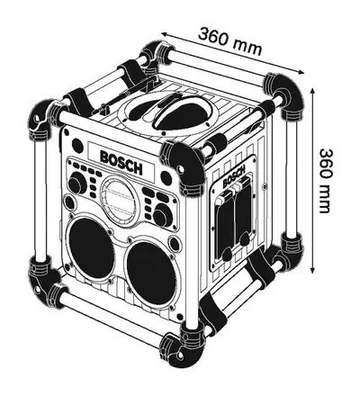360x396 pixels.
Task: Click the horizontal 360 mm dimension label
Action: coord(229,41)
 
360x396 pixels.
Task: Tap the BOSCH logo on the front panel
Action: coord(121,163)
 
